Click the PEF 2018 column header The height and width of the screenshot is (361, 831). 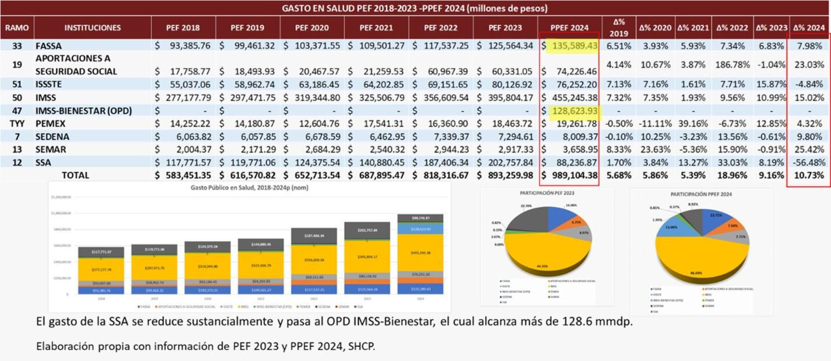(x=182, y=27)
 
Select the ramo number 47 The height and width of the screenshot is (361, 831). (x=17, y=111)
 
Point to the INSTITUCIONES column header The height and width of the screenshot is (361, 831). (x=93, y=27)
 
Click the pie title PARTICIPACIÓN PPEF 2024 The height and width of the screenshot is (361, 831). (x=701, y=193)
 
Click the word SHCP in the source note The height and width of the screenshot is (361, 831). (x=362, y=346)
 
